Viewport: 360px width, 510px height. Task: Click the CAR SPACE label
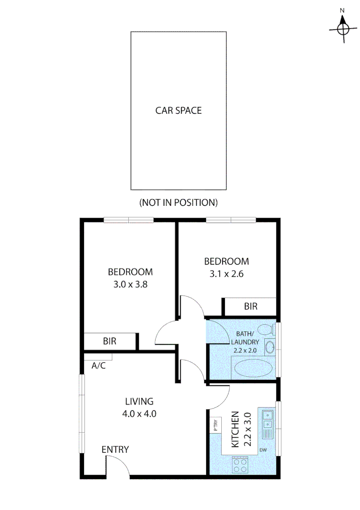(178, 110)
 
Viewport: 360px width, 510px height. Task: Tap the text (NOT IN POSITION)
(178, 203)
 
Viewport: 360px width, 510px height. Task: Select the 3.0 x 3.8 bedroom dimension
(130, 285)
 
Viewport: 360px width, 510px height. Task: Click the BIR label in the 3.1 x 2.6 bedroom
(251, 306)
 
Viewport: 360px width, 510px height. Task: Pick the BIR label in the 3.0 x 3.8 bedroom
(109, 340)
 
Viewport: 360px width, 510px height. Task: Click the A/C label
(99, 365)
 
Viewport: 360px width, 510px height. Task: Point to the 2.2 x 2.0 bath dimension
(245, 351)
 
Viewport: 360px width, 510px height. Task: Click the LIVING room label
(139, 402)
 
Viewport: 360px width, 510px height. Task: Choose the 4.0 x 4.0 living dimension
(139, 414)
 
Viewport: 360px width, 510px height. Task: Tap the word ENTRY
(115, 450)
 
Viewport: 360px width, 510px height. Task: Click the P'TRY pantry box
(215, 425)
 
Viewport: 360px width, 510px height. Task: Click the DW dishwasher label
(263, 450)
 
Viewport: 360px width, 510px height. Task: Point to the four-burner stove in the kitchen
(240, 465)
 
